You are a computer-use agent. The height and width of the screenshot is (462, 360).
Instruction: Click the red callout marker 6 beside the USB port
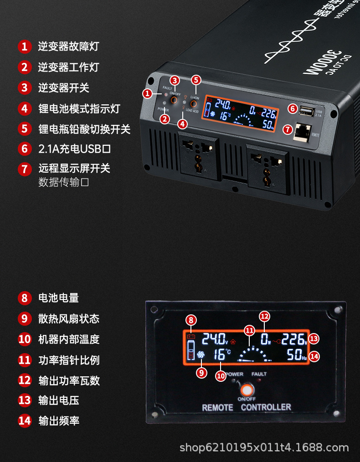tap(293, 109)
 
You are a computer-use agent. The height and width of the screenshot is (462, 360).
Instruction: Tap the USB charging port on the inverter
tap(307, 111)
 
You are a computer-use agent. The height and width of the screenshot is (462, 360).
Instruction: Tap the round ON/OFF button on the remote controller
tap(246, 390)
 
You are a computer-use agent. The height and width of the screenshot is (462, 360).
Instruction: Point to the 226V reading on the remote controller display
tap(294, 339)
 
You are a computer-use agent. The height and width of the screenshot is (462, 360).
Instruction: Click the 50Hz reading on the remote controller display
tap(297, 355)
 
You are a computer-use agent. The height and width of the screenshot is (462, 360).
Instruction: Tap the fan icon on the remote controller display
tap(201, 355)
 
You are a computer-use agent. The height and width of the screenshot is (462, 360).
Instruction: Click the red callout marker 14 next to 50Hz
tap(314, 356)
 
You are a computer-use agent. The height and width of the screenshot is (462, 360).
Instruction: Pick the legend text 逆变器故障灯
tap(68, 46)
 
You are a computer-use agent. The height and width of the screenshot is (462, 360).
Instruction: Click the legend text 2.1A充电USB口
tap(75, 149)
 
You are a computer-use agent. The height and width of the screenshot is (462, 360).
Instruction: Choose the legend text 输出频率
tap(59, 421)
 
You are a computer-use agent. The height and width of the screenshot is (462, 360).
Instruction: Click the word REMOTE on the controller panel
tap(217, 407)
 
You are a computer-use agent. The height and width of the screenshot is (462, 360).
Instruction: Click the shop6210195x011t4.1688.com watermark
tap(264, 447)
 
